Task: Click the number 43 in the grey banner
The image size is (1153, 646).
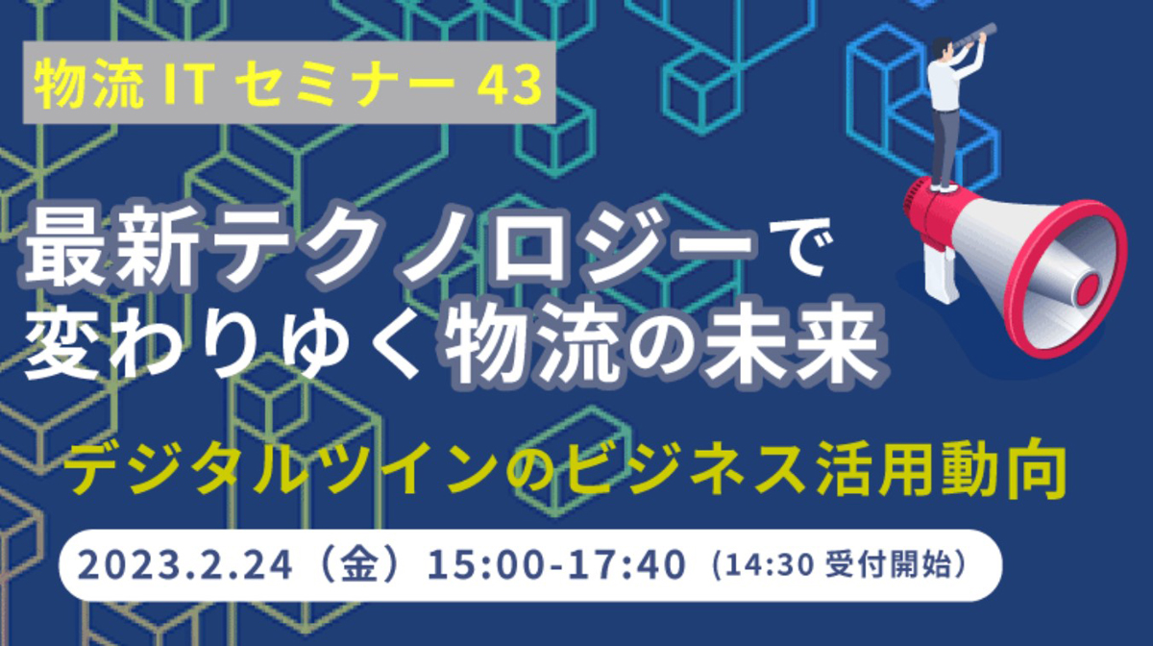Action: tap(509, 84)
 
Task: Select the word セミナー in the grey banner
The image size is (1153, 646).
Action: tap(345, 84)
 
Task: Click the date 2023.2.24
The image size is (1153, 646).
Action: tap(185, 565)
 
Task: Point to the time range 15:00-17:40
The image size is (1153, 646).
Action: tap(557, 565)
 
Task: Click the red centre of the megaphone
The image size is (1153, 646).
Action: tap(1088, 286)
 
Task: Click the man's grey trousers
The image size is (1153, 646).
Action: tap(945, 147)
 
